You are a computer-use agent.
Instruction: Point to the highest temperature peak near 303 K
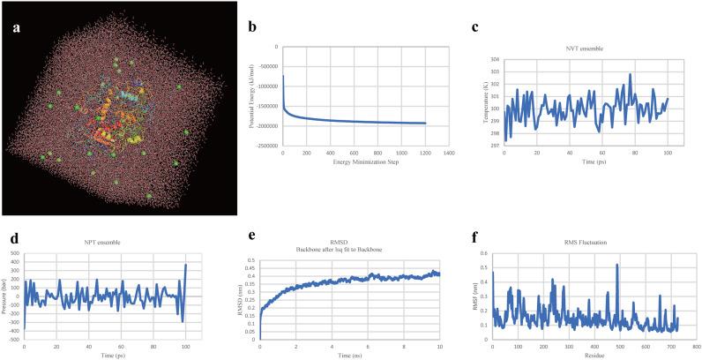630,74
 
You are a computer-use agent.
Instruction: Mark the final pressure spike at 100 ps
185,265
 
